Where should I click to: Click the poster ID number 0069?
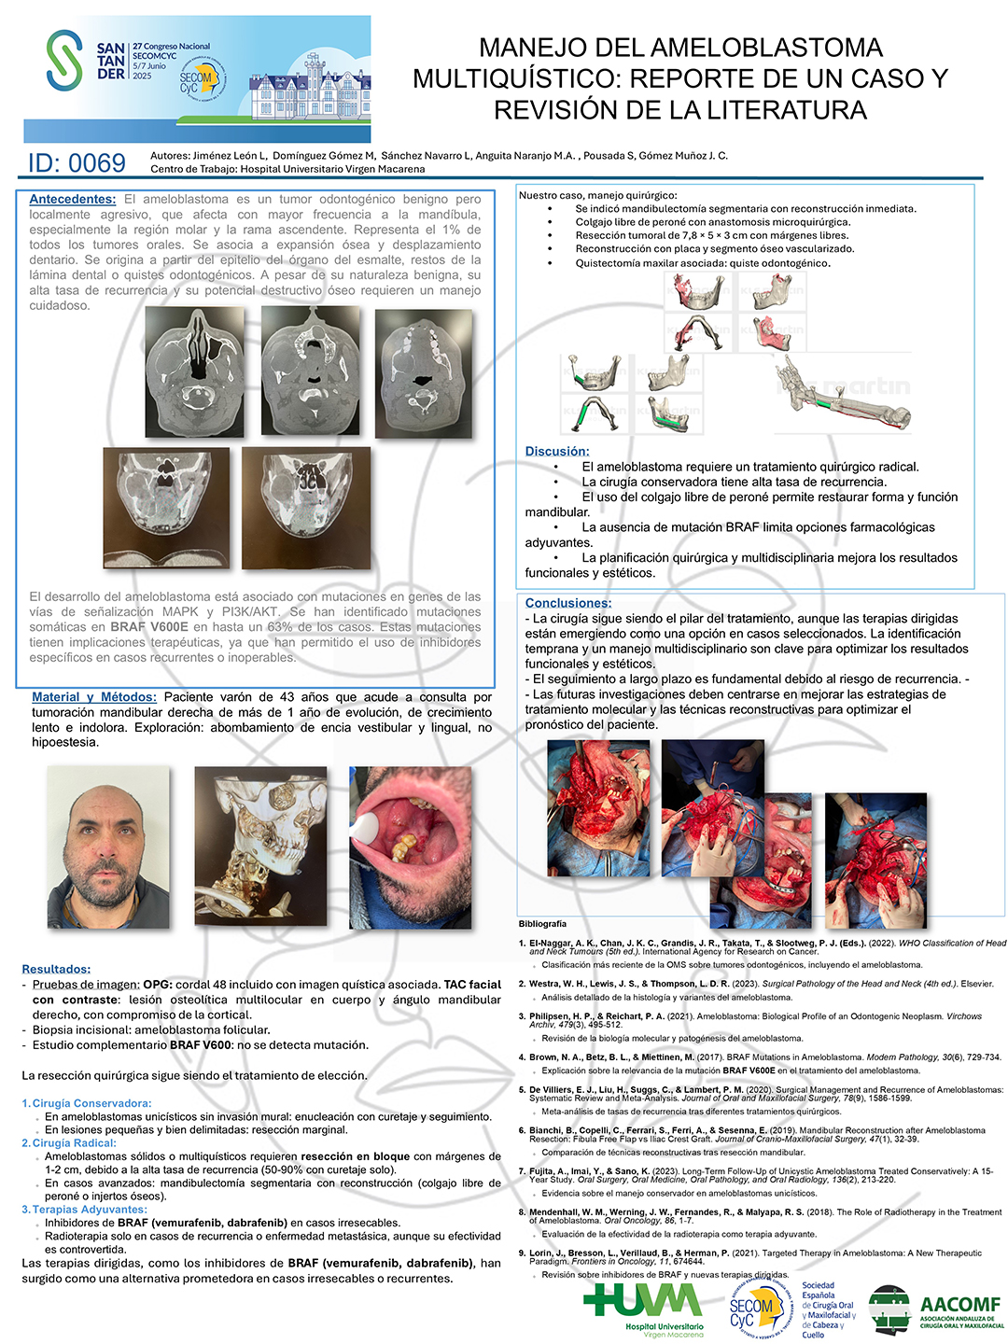(77, 163)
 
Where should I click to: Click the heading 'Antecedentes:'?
(73, 199)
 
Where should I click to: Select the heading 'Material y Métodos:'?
(94, 697)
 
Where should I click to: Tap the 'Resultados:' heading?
(56, 969)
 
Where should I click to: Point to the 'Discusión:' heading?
(557, 452)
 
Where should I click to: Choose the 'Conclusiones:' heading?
(568, 603)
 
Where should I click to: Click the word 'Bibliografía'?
(542, 924)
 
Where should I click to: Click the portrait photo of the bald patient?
(108, 847)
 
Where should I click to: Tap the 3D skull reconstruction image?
(260, 847)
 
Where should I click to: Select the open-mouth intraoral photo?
(410, 847)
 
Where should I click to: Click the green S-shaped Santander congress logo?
(64, 61)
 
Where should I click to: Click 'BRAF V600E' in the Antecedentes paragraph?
(149, 627)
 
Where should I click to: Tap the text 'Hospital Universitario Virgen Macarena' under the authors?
(332, 170)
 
